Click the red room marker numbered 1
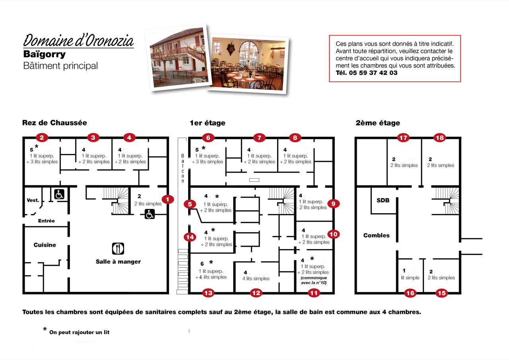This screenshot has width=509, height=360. tap(167, 200)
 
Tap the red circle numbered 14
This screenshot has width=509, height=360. tap(190, 237)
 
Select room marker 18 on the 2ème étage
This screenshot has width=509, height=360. tap(440, 138)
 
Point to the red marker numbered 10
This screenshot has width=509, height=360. tap(333, 234)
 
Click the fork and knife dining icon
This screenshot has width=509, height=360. tap(118, 248)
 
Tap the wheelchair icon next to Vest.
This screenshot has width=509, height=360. tap(59, 194)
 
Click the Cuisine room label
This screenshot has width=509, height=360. tap(45, 245)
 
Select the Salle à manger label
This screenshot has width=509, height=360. tap(118, 262)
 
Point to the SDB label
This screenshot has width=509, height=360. tap(383, 200)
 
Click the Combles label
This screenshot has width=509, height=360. tap(376, 235)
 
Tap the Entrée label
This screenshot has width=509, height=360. tap(47, 221)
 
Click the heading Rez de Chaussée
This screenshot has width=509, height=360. tap(54, 123)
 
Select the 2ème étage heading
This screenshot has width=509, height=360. tap(378, 123)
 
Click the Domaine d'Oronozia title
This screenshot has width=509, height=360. tap(78, 41)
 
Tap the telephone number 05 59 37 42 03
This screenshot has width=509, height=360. tap(373, 73)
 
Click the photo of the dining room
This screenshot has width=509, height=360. tap(248, 64)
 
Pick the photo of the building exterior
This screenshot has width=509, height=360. tap(179, 58)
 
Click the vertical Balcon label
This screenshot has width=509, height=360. tap(183, 168)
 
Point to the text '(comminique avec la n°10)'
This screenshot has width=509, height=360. tap(314, 280)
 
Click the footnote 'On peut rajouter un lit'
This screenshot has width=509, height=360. tap(79, 332)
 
